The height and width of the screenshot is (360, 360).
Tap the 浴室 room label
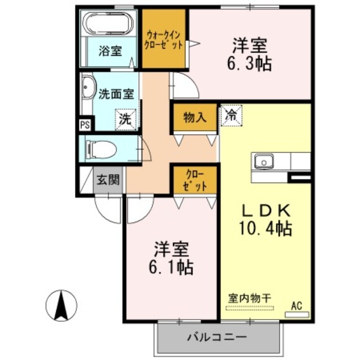pyautogui.click(x=110, y=51)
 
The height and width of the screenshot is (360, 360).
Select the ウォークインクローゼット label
pyautogui.click(x=164, y=40)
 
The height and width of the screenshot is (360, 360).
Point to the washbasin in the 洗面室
pyautogui.click(x=87, y=88)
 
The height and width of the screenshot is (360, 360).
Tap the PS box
pyautogui.click(x=84, y=125)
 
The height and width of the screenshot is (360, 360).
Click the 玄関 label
pyautogui.click(x=108, y=180)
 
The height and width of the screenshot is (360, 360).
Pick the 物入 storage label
pyautogui.click(x=195, y=117)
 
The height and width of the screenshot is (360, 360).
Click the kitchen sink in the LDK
pyautogui.click(x=264, y=161)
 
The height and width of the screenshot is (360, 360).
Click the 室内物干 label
pyautogui.click(x=249, y=297)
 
